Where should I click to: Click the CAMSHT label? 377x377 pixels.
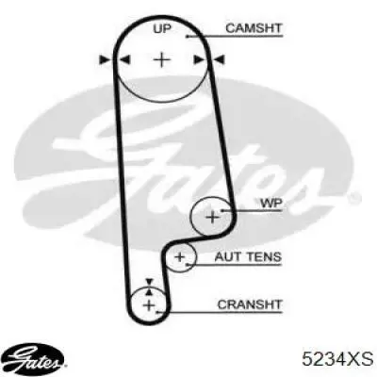coord(254,28)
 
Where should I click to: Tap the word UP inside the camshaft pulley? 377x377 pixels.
coord(162,29)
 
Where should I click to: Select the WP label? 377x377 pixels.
coord(271,204)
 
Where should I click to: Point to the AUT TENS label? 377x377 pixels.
coord(248,257)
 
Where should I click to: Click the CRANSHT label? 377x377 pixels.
coord(250,304)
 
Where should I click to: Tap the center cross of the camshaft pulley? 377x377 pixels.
coord(162,59)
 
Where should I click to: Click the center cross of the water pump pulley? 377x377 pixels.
coord(213,217)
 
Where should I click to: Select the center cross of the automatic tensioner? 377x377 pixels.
coord(180,257)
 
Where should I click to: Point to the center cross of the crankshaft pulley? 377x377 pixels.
coord(149,304)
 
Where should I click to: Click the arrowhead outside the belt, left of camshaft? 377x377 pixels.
coord(105,59)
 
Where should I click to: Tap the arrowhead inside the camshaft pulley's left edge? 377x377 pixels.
coord(124,59)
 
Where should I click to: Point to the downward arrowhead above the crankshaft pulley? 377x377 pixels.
coord(149,282)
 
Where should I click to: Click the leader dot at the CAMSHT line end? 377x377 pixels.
coord(188,37)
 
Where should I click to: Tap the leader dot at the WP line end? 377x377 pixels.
coord(221,210)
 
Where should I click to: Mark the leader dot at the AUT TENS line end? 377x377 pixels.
coord(188,265)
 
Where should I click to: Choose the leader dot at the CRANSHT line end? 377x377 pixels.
coord(157,312)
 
